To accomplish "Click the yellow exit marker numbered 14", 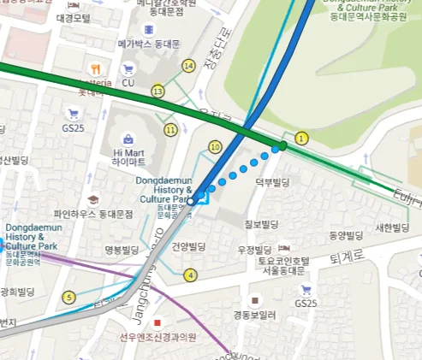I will point(188,65).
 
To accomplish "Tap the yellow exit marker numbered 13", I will point(158,91).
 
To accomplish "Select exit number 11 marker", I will point(171,130).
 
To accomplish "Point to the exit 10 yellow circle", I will point(214,147).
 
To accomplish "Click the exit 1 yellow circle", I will point(300,138).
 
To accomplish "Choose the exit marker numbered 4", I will point(190,274).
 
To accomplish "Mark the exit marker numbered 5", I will point(69,298).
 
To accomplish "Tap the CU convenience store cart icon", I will point(128,68).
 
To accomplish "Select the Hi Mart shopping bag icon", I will point(128,138).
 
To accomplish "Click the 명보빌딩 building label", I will point(122,250).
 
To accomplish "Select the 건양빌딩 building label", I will point(189,245).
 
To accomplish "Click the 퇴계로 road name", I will point(348,256).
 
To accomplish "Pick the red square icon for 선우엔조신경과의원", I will point(158,323).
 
